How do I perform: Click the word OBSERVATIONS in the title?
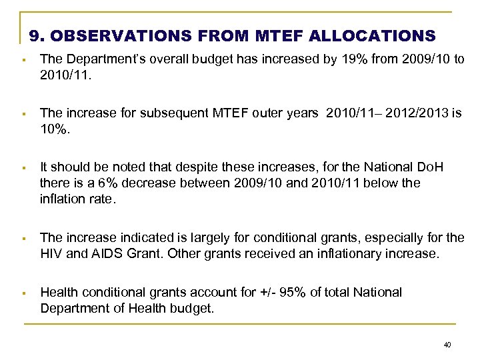pos(121,35)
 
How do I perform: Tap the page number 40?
pos(447,345)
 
